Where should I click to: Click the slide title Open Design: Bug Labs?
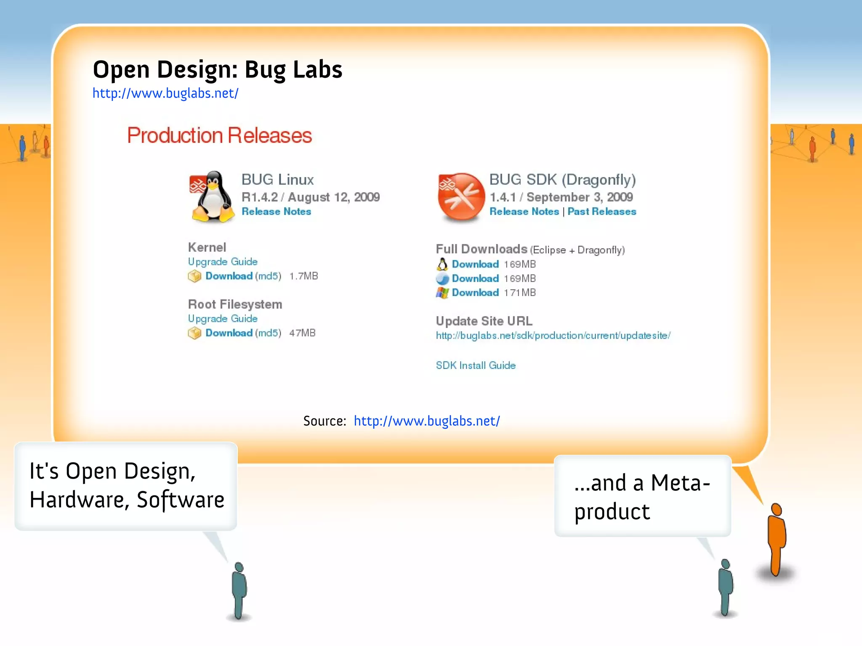point(217,69)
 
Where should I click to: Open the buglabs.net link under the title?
point(165,93)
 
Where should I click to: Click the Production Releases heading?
point(219,135)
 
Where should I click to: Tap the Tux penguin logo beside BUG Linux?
point(213,196)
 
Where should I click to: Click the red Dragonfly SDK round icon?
point(461,196)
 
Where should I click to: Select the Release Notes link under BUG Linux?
point(276,212)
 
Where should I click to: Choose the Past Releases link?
point(601,212)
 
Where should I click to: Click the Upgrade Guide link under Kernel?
point(223,262)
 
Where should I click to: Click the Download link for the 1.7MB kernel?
point(229,276)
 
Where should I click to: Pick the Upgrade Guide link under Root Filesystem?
point(223,319)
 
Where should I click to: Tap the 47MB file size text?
point(302,333)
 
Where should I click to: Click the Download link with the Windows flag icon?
point(475,293)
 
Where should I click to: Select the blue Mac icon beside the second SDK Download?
point(442,278)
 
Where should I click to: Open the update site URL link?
point(553,336)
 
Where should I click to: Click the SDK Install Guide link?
point(476,365)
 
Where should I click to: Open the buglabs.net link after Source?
point(426,421)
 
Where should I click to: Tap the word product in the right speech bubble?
point(612,512)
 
